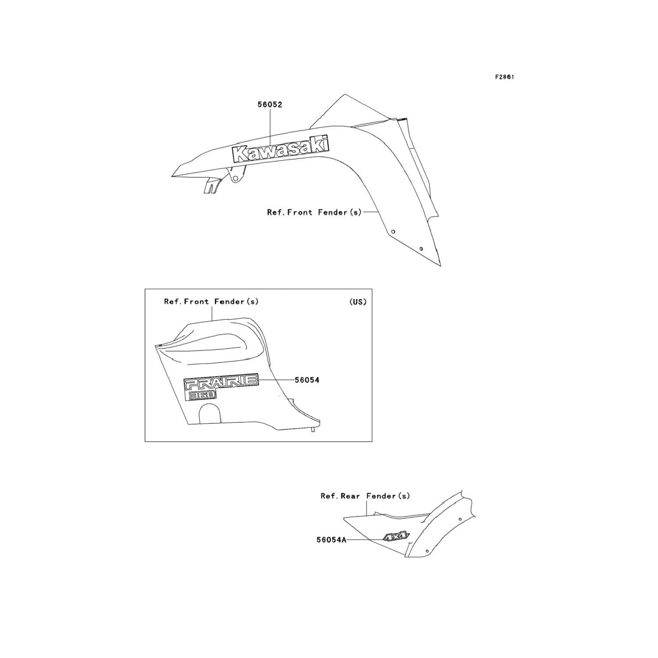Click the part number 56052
pos(270,105)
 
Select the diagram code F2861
pos(504,77)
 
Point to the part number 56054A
pos(332,540)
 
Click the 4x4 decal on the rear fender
pos(396,536)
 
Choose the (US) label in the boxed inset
pos(358,302)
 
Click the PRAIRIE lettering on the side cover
pos(221,382)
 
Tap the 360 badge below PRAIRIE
pos(202,395)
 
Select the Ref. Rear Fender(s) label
pos(365,496)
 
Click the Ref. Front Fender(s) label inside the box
pos(211,302)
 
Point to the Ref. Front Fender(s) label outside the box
pos(314,212)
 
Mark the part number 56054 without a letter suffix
pos(307,380)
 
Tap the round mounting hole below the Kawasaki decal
pos(236,179)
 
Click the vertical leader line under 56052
pos(270,127)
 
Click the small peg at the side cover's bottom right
pos(313,430)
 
